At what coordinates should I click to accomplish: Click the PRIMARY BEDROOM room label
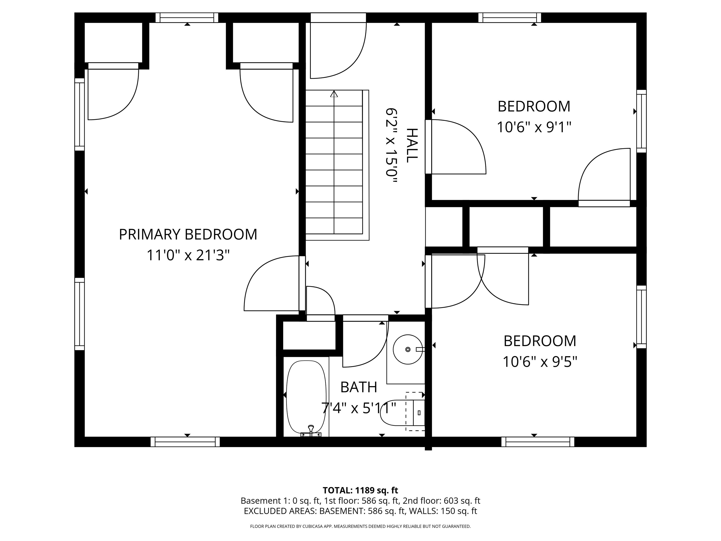coord(188,235)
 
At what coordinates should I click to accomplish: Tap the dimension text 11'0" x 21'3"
coord(188,255)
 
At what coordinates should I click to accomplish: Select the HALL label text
coord(412,145)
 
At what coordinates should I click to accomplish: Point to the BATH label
coord(359,387)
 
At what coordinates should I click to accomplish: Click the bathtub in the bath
coord(306,398)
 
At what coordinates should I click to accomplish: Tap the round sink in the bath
coord(408,349)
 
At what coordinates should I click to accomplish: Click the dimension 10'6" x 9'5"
coord(540,362)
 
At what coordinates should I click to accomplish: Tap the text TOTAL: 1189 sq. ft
coord(360,490)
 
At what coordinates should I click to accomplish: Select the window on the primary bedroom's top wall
coord(187,18)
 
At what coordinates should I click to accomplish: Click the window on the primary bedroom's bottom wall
coord(185,442)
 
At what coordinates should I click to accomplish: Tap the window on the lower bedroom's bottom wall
coord(538,442)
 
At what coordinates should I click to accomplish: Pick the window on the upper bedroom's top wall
coord(510,18)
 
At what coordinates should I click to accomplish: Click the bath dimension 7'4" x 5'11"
coord(359,408)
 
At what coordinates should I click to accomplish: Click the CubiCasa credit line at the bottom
coord(360,526)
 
